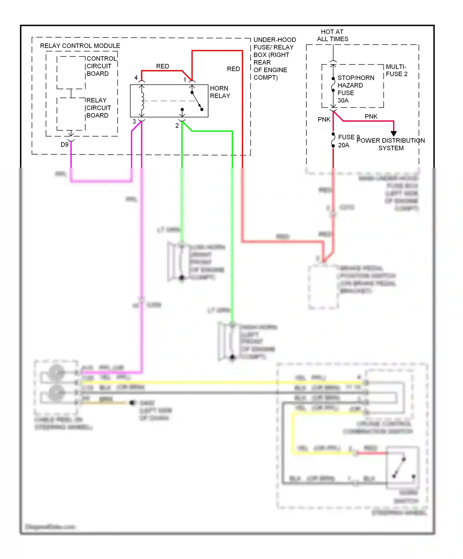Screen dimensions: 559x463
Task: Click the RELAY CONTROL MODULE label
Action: point(80,46)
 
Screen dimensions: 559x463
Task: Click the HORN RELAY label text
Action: point(220,92)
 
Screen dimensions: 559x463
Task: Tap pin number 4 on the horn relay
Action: point(136,78)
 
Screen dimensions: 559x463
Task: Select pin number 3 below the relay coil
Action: point(134,121)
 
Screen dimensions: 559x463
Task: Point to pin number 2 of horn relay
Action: point(177,126)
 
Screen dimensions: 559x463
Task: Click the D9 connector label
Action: point(64,145)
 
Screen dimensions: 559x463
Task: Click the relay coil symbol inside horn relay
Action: point(142,101)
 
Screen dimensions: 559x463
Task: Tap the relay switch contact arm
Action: point(197,101)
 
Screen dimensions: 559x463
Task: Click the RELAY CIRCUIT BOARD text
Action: point(98,108)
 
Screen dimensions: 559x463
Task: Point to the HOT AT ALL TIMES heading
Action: point(332,35)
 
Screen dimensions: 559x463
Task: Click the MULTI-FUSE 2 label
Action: point(397,70)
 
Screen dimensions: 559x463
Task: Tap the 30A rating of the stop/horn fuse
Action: point(343,100)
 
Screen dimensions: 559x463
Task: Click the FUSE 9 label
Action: point(348,137)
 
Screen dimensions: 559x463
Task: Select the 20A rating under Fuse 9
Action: point(344,145)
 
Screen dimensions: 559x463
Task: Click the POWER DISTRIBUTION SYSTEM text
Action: point(391,144)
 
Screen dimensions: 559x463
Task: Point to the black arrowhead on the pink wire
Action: point(394,133)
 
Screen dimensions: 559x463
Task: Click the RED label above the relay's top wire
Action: point(163,66)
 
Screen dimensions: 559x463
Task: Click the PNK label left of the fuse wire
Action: point(324,119)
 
